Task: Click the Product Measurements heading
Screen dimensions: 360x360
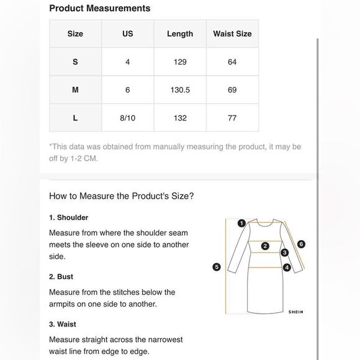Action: coord(100,9)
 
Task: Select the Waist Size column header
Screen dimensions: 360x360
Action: coord(232,34)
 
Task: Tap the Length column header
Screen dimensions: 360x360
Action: coord(180,34)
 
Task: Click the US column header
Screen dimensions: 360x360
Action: coord(128,34)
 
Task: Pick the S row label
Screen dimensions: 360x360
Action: coord(75,62)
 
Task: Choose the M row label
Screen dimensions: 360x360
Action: coord(75,90)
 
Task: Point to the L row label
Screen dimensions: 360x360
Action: coord(75,118)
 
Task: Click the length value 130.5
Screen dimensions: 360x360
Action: coord(180,90)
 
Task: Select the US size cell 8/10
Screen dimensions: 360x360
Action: coord(128,118)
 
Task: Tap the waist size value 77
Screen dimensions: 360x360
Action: coord(232,118)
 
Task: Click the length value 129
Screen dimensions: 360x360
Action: coord(180,62)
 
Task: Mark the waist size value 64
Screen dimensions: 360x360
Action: coord(232,62)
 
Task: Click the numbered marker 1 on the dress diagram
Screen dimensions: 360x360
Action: coord(241,223)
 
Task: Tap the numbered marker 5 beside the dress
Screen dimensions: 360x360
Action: coord(217,267)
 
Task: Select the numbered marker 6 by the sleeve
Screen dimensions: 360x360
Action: coord(301,244)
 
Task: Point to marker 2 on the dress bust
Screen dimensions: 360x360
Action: coord(265,246)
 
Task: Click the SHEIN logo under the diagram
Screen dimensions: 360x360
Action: coord(295,312)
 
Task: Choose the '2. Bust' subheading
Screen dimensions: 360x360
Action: coord(61,277)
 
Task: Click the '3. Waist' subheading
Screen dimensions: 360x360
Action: coord(63,324)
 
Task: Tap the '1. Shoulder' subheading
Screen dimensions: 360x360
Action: coord(69,217)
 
